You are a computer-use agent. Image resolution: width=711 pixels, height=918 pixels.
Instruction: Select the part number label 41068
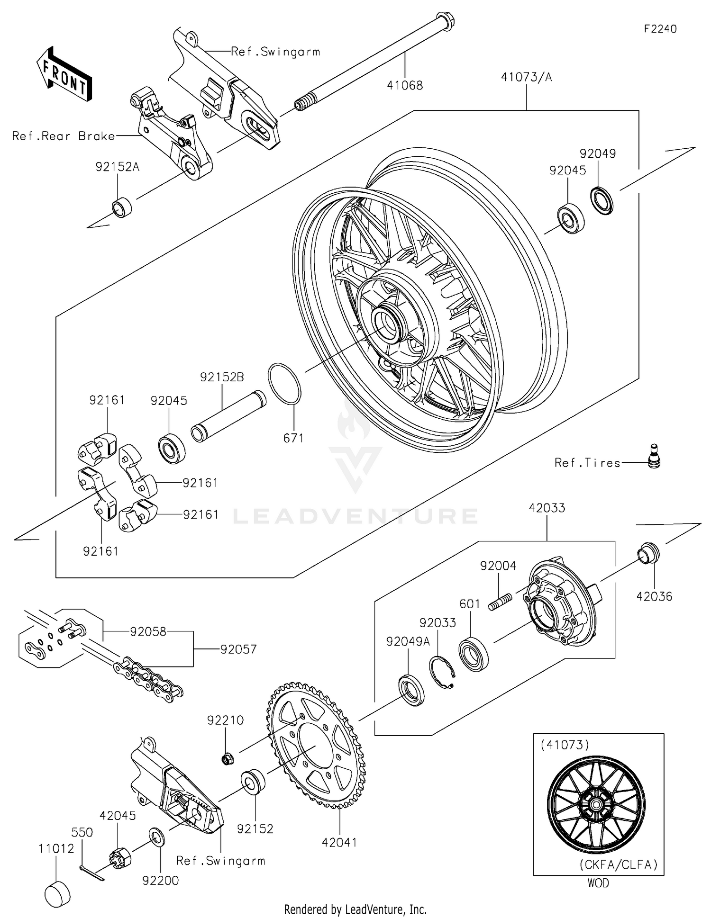(x=405, y=85)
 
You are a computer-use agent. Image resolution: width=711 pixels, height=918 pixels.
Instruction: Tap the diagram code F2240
(x=660, y=29)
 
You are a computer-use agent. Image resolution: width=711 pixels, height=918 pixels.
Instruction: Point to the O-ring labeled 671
(x=284, y=384)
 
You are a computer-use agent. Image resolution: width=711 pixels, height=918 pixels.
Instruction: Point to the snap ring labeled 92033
(x=442, y=672)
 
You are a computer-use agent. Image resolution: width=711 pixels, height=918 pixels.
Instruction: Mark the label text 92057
(x=238, y=649)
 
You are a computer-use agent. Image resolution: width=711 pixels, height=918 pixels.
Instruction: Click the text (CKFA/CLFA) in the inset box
(x=619, y=865)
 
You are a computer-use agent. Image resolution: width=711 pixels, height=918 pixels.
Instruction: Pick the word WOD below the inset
(x=598, y=883)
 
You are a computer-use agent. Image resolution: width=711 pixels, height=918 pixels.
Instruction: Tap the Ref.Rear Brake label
(x=64, y=136)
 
